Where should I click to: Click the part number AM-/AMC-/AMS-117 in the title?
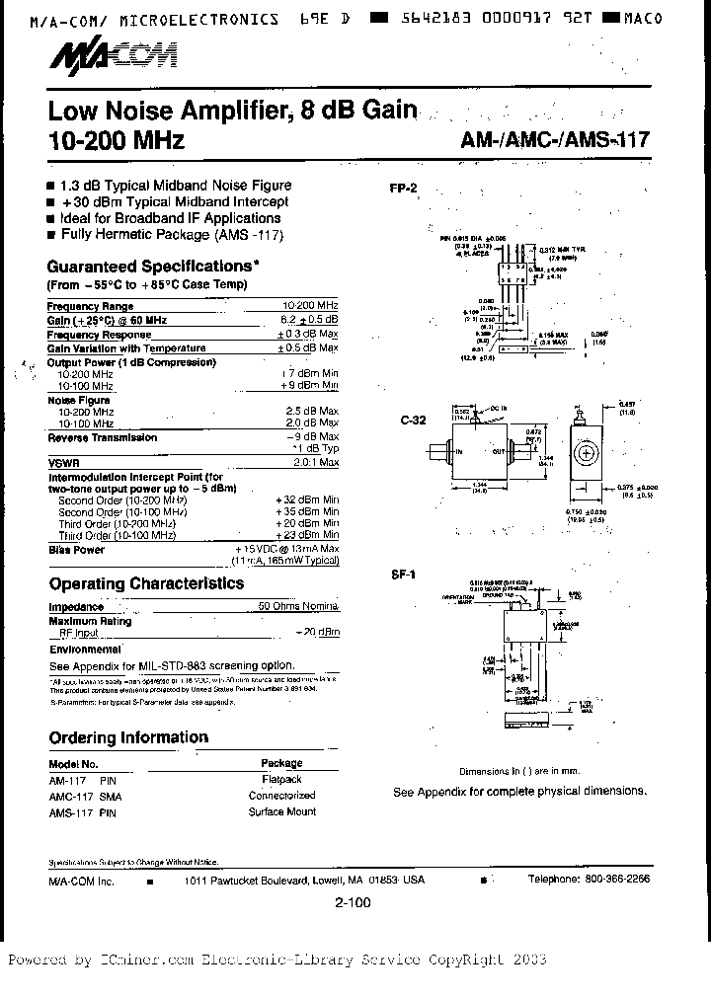[x=555, y=140]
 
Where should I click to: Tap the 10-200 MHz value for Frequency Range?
[x=310, y=307]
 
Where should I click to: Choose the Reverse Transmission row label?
[x=103, y=437]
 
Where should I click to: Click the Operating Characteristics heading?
[x=146, y=583]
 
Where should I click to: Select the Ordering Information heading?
[x=128, y=737]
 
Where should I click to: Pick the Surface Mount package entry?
[x=282, y=811]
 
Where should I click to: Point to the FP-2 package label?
[x=404, y=188]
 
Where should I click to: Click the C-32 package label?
[x=413, y=420]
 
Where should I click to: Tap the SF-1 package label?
[x=402, y=574]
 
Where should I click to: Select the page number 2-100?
[x=353, y=901]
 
